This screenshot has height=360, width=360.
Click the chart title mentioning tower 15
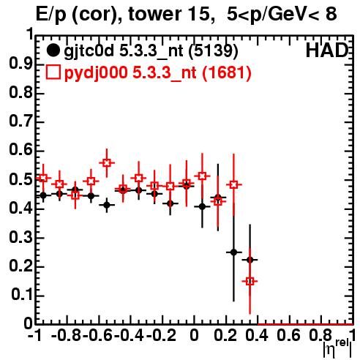click(x=187, y=14)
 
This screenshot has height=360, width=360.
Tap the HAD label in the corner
click(x=327, y=50)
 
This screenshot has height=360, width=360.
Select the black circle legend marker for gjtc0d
click(x=53, y=50)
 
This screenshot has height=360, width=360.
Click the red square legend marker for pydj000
click(x=53, y=72)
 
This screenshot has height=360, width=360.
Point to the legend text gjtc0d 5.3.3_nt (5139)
click(x=151, y=51)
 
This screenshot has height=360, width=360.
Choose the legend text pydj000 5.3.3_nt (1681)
click(x=157, y=72)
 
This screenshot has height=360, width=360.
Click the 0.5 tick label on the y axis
click(x=20, y=179)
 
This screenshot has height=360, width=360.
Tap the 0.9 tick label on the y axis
click(x=20, y=64)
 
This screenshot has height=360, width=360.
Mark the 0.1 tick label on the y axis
click(x=22, y=295)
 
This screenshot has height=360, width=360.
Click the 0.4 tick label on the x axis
click(x=257, y=336)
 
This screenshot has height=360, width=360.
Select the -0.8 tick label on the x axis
click(x=67, y=336)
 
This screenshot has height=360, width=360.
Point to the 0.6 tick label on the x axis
click(x=288, y=336)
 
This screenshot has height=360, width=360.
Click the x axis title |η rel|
click(x=337, y=348)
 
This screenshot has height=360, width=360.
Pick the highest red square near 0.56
click(x=107, y=162)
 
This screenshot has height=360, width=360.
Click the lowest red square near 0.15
click(x=250, y=281)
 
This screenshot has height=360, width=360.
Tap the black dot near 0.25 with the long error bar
click(x=233, y=252)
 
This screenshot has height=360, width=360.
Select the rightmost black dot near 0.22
click(x=250, y=260)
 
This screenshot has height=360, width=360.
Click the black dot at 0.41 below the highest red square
click(x=107, y=205)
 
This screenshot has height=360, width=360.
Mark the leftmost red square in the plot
click(x=43, y=178)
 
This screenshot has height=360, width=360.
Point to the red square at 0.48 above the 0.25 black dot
click(x=233, y=184)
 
